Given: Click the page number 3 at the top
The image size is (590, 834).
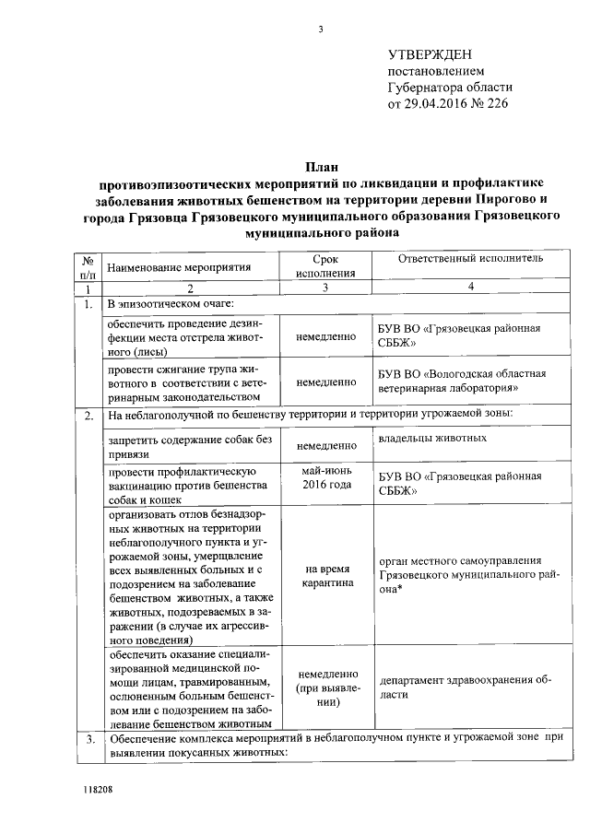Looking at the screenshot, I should pyautogui.click(x=321, y=29).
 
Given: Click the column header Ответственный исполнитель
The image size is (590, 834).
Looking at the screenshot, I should pyautogui.click(x=469, y=261).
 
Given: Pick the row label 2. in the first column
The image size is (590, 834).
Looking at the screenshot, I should pyautogui.click(x=88, y=416).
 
